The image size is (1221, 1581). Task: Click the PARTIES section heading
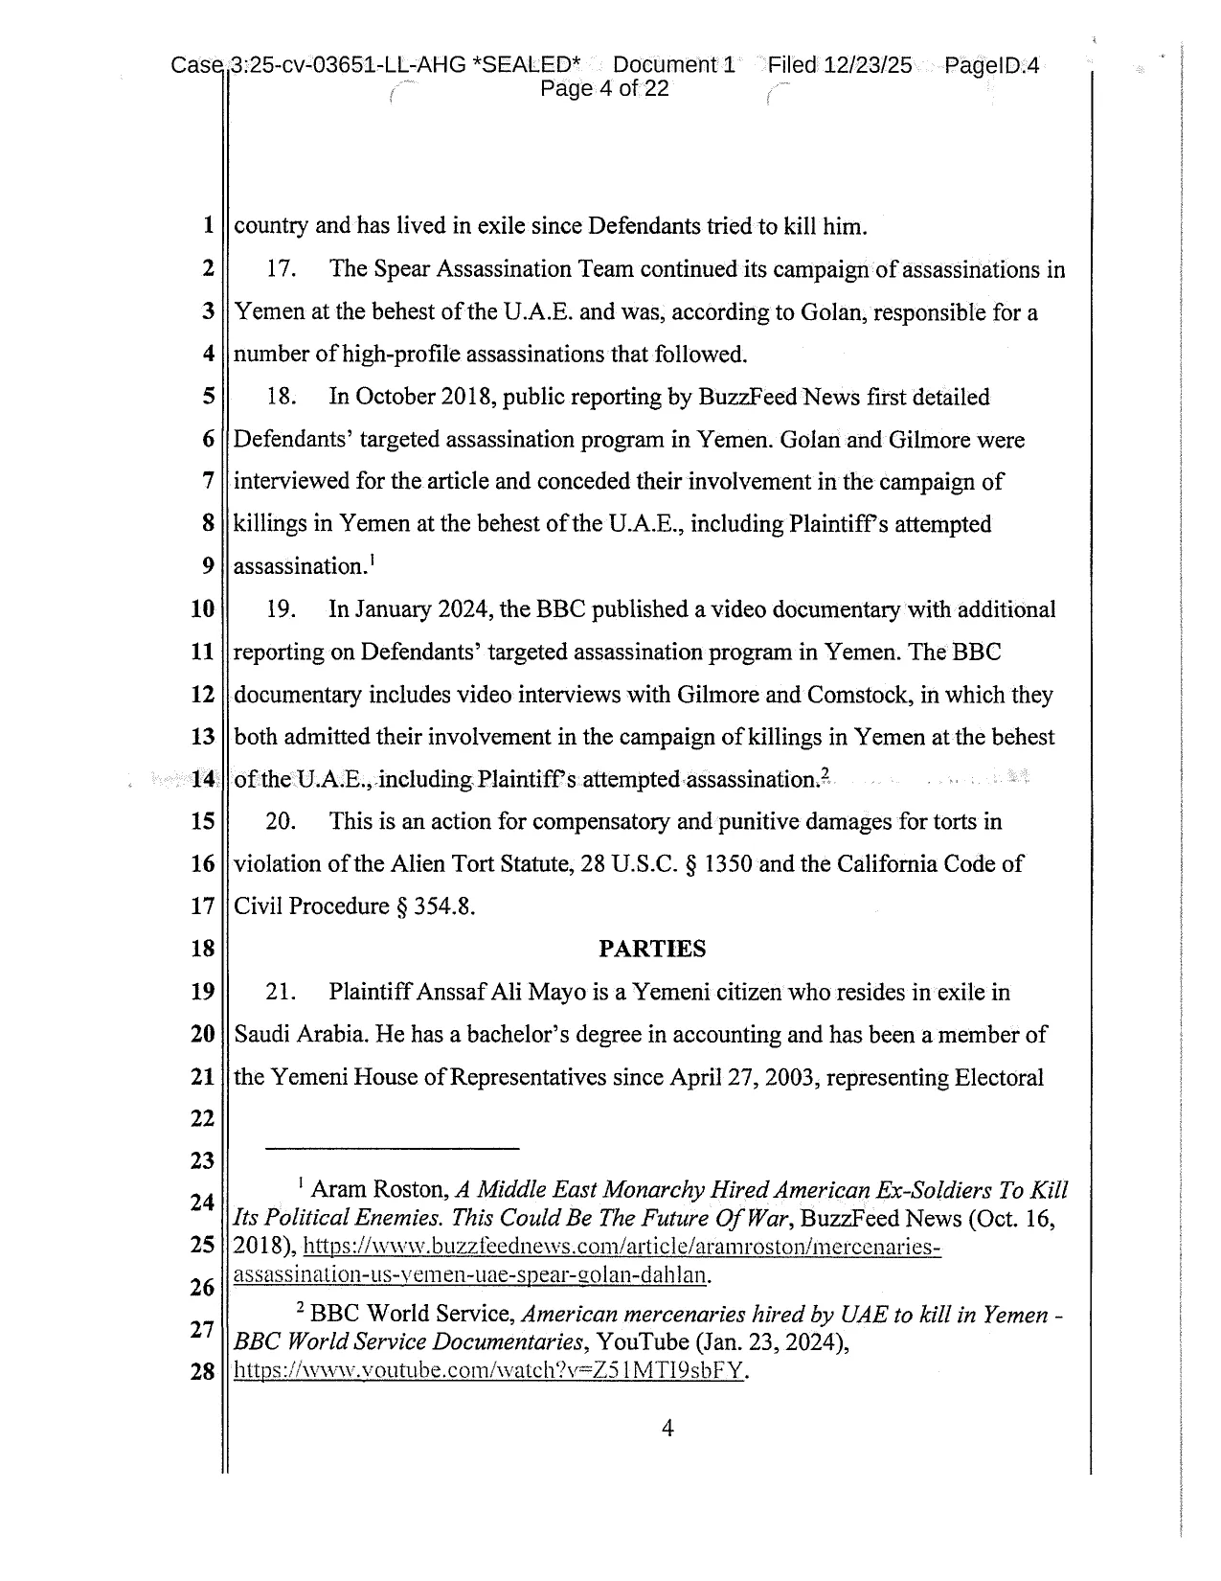coord(652,949)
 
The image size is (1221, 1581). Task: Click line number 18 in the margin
coord(202,950)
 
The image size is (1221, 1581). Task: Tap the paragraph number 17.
coord(279,269)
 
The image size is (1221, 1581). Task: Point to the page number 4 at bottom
coord(667,1429)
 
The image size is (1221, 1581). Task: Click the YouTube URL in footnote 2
coord(488,1370)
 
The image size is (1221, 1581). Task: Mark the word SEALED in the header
coord(528,65)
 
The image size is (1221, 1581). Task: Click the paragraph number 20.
coord(280,822)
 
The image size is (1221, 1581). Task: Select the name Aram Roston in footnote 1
coord(380,1190)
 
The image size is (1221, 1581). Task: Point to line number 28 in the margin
coord(202,1371)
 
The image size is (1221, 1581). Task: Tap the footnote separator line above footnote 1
coord(392,1147)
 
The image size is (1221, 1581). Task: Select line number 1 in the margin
coord(207,227)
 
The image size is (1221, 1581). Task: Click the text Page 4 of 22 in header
coord(604,89)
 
